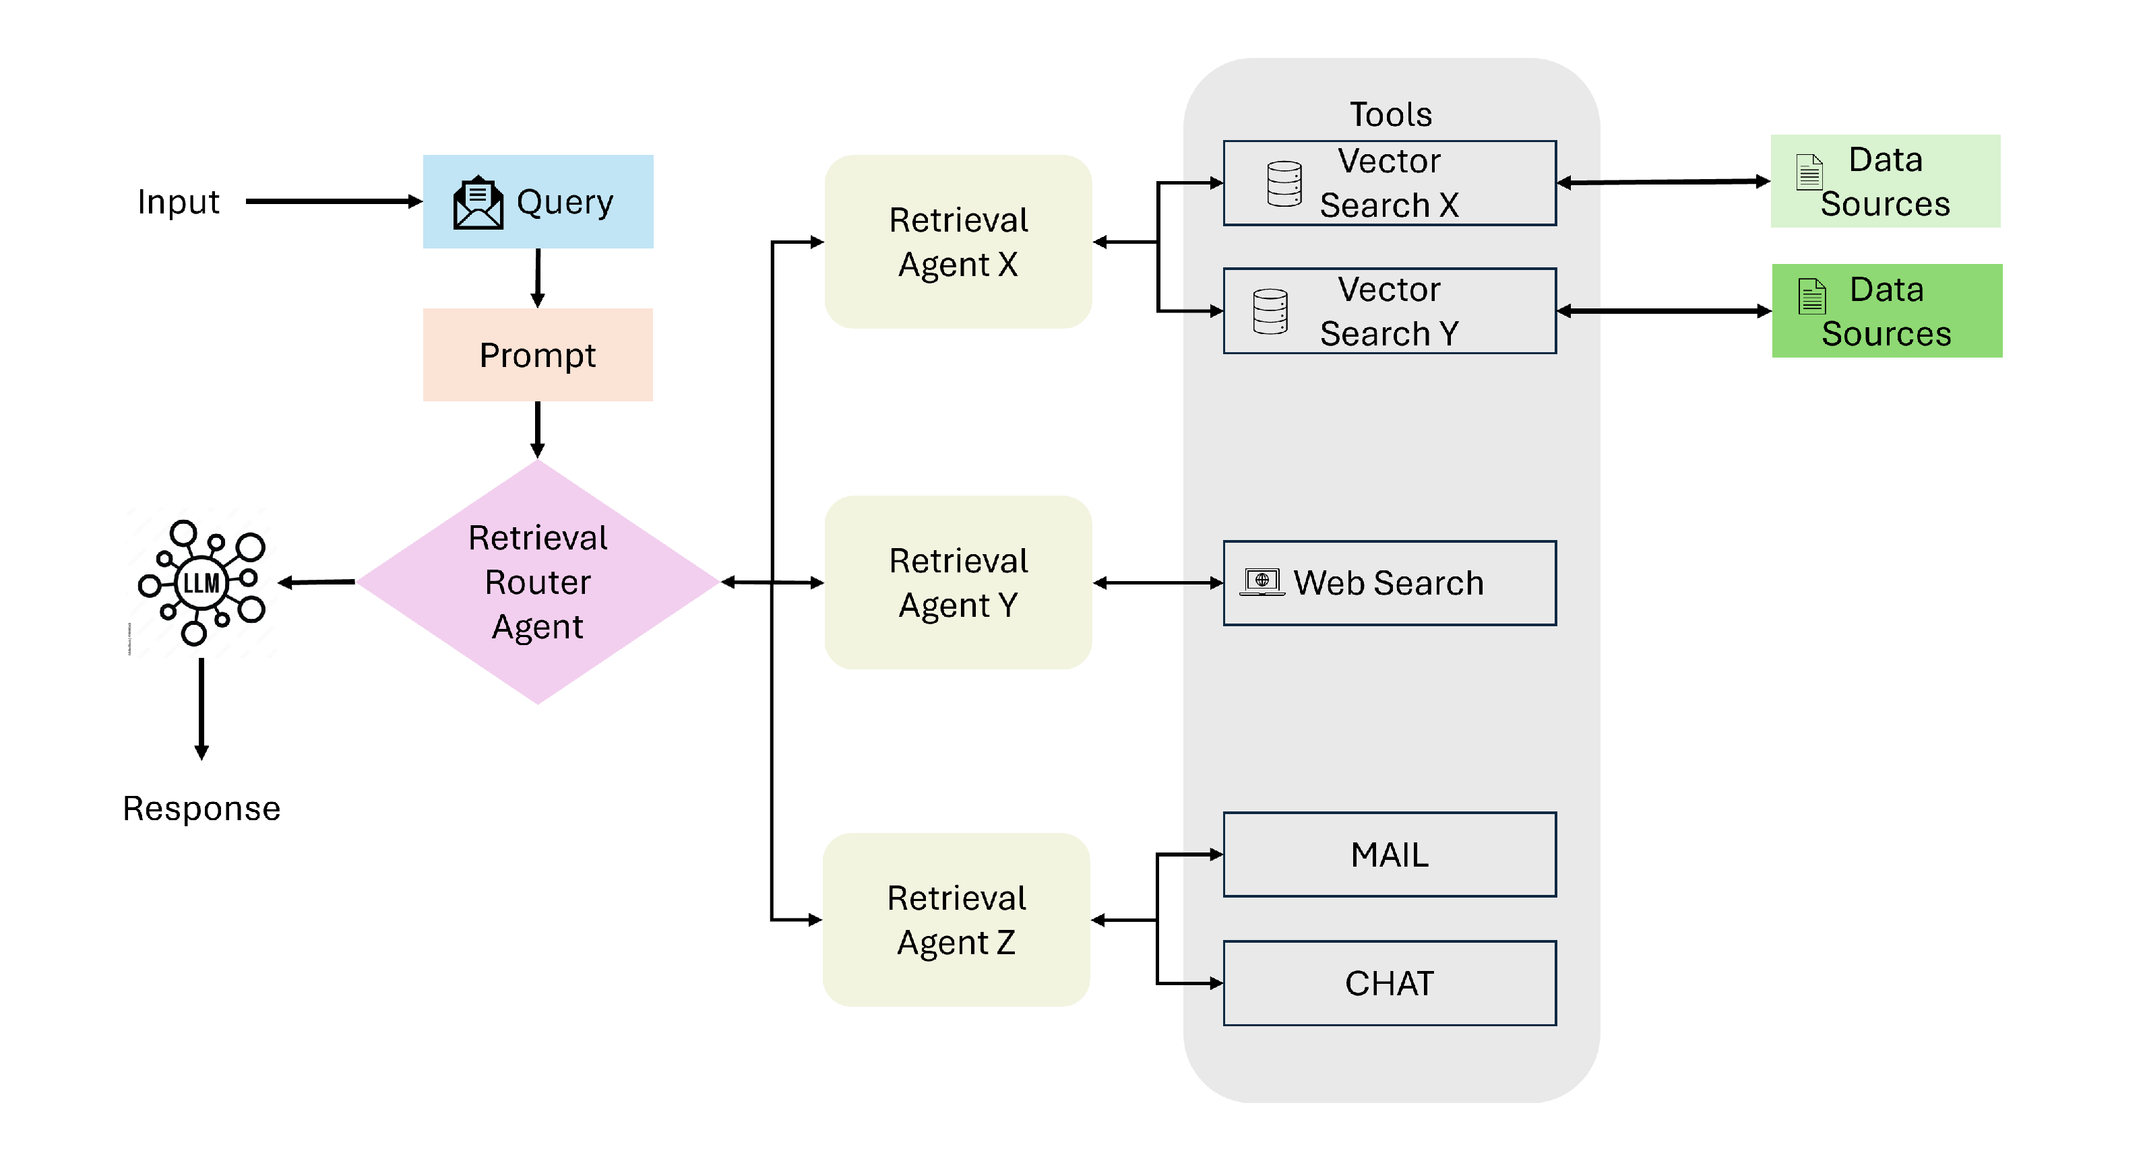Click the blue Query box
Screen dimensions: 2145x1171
coord(538,201)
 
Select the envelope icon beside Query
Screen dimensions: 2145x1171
coord(478,202)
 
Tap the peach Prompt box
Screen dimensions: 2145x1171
coord(538,355)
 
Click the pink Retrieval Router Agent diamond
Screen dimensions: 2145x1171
coord(538,582)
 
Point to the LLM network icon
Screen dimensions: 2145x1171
coord(201,582)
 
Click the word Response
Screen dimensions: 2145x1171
coord(201,808)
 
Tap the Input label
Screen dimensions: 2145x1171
coord(178,202)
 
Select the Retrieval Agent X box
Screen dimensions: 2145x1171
coord(958,241)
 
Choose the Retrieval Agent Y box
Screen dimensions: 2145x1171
coord(958,582)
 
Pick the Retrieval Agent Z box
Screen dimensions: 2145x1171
coord(957,920)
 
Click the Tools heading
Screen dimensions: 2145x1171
coord(1391,114)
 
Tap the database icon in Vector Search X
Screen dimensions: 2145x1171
coord(1284,183)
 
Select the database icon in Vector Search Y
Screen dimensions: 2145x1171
coord(1271,311)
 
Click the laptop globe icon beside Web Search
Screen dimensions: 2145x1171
coord(1262,582)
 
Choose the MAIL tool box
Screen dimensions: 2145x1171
coord(1390,855)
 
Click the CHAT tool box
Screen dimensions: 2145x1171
coord(1390,983)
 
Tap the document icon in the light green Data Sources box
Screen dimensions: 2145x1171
coord(1809,172)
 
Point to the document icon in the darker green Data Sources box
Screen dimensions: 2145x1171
coord(1812,296)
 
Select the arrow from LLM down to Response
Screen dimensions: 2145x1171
coord(201,709)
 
